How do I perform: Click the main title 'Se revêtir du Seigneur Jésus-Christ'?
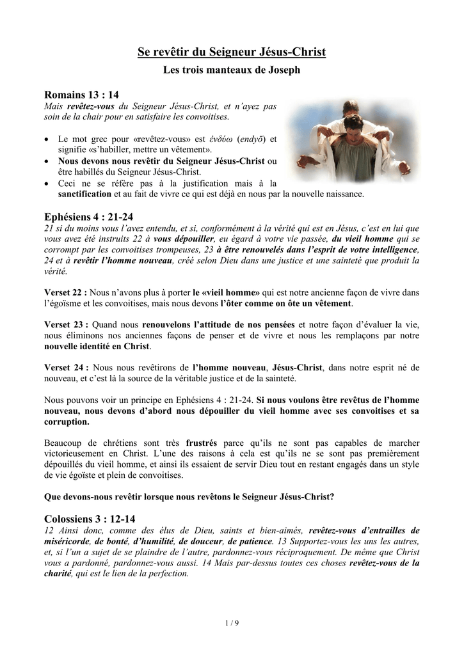(232, 52)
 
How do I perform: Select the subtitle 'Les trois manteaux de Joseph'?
(232, 69)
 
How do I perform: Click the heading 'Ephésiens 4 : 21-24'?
(88, 217)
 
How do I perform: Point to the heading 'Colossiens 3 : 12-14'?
(90, 519)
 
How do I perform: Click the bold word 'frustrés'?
(201, 443)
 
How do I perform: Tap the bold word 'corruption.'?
(67, 422)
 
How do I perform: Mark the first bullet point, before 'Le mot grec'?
(48, 139)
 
